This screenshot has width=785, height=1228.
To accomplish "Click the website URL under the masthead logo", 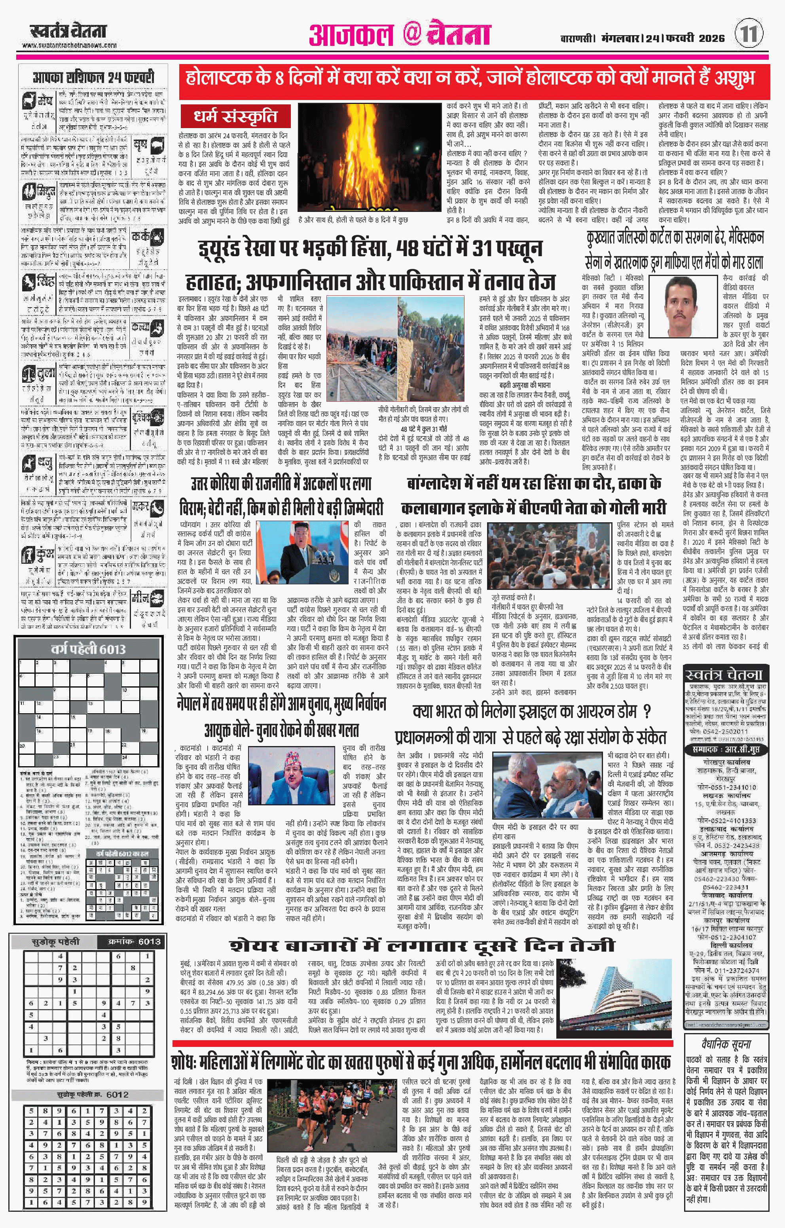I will point(69,45).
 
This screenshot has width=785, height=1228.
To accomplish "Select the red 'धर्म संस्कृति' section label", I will point(235,116).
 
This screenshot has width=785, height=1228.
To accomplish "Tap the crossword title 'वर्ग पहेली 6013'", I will point(88,649).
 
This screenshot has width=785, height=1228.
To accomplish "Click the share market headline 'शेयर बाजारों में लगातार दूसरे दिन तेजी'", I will point(422,945).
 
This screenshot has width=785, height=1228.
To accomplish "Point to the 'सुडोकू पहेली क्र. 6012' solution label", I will point(92,1095).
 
